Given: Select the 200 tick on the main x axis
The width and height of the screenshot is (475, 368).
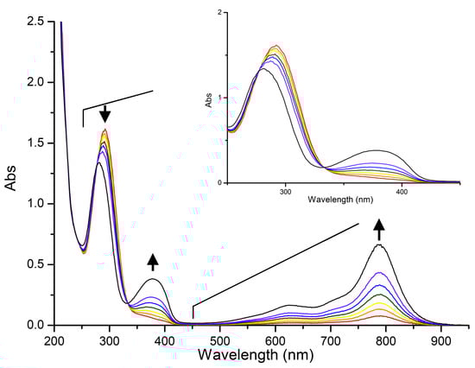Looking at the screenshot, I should coord(54,340).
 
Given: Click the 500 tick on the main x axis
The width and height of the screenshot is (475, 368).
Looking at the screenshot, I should coord(220,340).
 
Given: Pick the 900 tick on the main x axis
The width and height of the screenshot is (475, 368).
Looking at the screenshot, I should coord(442,340).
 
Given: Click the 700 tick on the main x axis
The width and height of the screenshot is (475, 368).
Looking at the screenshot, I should coord(331,340).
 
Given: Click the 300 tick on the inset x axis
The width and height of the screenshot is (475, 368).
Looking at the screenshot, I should coord(286,192).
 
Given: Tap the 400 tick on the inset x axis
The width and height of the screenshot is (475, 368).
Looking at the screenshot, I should coord(401,192).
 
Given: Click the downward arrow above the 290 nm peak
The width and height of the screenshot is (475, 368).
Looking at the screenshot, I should coord(104,113).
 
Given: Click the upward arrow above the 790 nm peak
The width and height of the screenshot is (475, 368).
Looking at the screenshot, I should coord(378,229).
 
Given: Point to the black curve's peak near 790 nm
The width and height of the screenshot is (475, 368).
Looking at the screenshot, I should coord(378,245).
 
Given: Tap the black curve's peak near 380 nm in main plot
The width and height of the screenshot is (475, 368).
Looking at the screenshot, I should coord(153,279).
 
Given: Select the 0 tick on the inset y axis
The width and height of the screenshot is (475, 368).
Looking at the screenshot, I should coord(220,182).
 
